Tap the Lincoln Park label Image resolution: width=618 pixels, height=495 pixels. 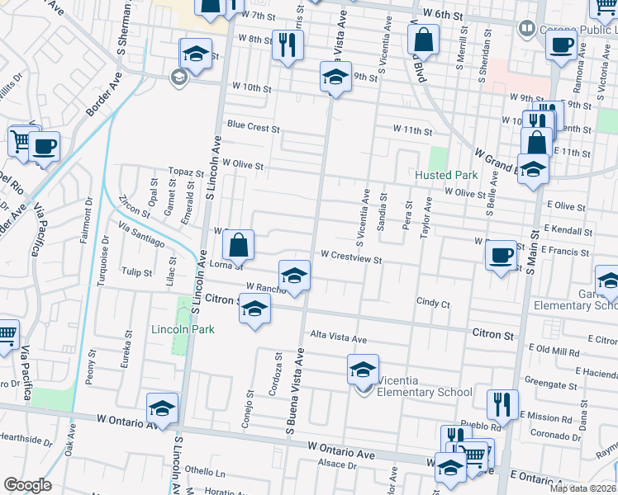point(183,329)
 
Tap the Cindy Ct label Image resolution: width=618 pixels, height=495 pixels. point(433,304)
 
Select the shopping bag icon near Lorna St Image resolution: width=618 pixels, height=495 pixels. point(238,244)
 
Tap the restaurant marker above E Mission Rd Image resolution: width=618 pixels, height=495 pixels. point(502,404)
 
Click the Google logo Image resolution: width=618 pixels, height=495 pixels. point(27,485)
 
